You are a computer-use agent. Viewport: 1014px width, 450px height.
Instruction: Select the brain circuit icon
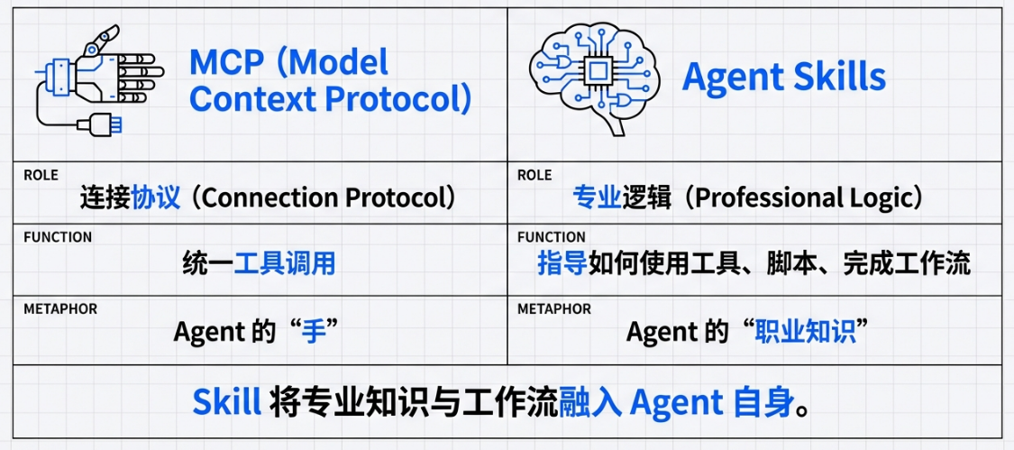click(x=594, y=79)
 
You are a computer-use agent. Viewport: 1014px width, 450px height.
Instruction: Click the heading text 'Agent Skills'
click(x=784, y=78)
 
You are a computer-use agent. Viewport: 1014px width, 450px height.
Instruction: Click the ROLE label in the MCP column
click(x=41, y=176)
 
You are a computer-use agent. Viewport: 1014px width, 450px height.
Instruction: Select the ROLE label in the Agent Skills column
click(x=534, y=176)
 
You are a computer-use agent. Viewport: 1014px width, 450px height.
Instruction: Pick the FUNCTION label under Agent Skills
click(x=552, y=237)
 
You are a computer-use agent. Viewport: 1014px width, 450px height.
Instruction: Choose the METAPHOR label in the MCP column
click(x=60, y=308)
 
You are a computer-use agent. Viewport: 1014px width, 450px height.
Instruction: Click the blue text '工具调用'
click(x=285, y=264)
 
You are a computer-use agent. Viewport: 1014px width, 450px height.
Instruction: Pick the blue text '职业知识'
click(x=807, y=332)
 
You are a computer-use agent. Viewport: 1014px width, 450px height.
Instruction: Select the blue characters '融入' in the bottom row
click(x=590, y=403)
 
